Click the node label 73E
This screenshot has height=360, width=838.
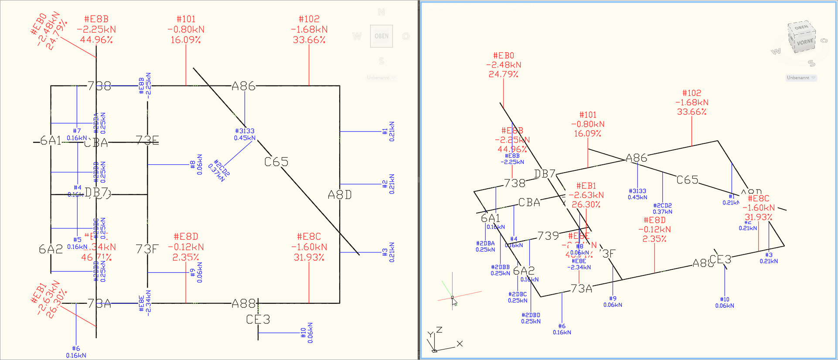click(x=147, y=140)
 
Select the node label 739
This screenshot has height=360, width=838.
click(x=548, y=236)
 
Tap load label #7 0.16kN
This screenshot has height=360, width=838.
click(x=77, y=134)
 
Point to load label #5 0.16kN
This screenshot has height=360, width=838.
click(x=77, y=243)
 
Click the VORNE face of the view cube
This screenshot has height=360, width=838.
click(x=805, y=42)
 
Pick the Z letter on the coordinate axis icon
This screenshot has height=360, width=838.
click(x=439, y=330)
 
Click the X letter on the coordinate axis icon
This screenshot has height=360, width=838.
click(x=460, y=344)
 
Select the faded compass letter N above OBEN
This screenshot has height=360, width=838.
click(x=382, y=12)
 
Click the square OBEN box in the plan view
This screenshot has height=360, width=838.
click(x=382, y=36)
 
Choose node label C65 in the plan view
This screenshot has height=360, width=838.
click(x=276, y=162)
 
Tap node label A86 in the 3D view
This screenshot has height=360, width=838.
click(x=636, y=158)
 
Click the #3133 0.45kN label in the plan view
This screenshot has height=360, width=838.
click(x=245, y=134)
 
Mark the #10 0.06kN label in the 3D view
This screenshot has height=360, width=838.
click(x=724, y=302)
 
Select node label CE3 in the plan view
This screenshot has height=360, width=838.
click(x=258, y=319)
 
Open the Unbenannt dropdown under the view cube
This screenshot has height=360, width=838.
click(x=801, y=78)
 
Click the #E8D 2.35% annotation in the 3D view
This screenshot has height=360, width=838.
click(x=654, y=230)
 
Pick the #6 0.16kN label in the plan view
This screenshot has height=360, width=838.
click(x=76, y=352)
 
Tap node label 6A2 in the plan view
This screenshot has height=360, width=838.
click(x=51, y=249)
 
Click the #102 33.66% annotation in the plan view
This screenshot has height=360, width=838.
click(x=309, y=29)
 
